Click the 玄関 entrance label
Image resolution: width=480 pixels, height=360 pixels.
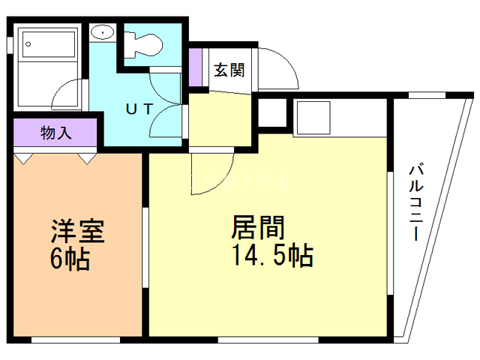(x=229, y=70)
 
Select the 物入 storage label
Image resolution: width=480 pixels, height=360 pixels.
(x=55, y=133)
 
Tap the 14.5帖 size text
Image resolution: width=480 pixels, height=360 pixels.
(x=271, y=256)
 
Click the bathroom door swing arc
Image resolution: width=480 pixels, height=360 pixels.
(x=66, y=94)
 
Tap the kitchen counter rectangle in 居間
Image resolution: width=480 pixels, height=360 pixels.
(x=319, y=117)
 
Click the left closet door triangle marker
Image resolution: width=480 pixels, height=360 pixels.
(x=24, y=158)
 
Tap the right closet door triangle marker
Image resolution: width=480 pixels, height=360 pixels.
(x=88, y=158)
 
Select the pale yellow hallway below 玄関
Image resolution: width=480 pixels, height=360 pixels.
(x=221, y=120)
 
